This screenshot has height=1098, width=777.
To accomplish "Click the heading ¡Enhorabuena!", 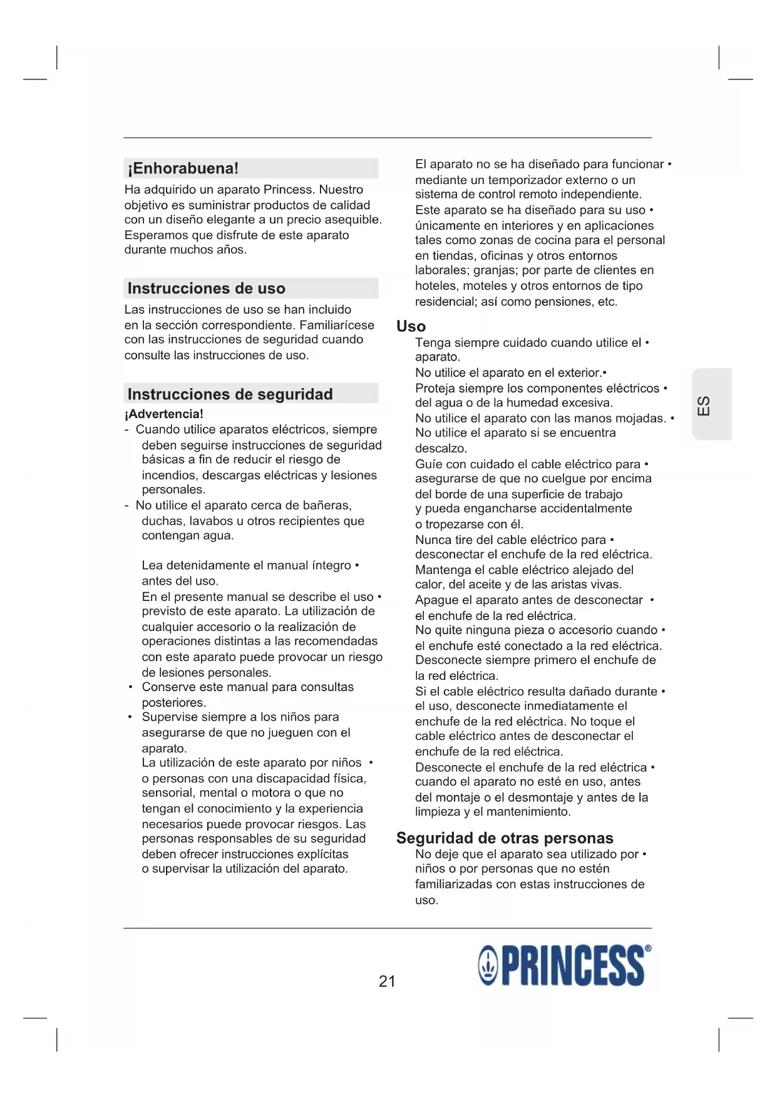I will coord(183,168).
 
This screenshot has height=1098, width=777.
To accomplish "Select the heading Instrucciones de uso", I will coord(206,289).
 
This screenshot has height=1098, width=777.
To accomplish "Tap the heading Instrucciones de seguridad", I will coord(230,394).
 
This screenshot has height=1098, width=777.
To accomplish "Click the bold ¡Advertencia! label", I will coord(163,414).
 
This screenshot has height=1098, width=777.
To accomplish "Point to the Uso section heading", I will coord(411,326).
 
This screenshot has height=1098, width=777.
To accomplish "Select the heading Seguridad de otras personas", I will coord(505,838).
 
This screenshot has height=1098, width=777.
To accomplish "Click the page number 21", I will coord(387,981).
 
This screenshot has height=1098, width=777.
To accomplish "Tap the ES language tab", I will coord(704,405).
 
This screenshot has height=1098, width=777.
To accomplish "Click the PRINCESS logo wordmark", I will coord(573,966).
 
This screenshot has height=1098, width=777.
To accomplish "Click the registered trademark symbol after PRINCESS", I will coord(647,948).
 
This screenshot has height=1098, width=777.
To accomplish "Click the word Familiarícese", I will coord(337,325).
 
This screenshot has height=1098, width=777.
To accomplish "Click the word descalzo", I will coord(440,448).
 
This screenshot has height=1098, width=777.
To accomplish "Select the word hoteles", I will coord(436,286).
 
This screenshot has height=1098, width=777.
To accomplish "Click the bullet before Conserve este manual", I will coord(130,687).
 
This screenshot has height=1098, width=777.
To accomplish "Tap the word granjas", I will coord(495,270).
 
